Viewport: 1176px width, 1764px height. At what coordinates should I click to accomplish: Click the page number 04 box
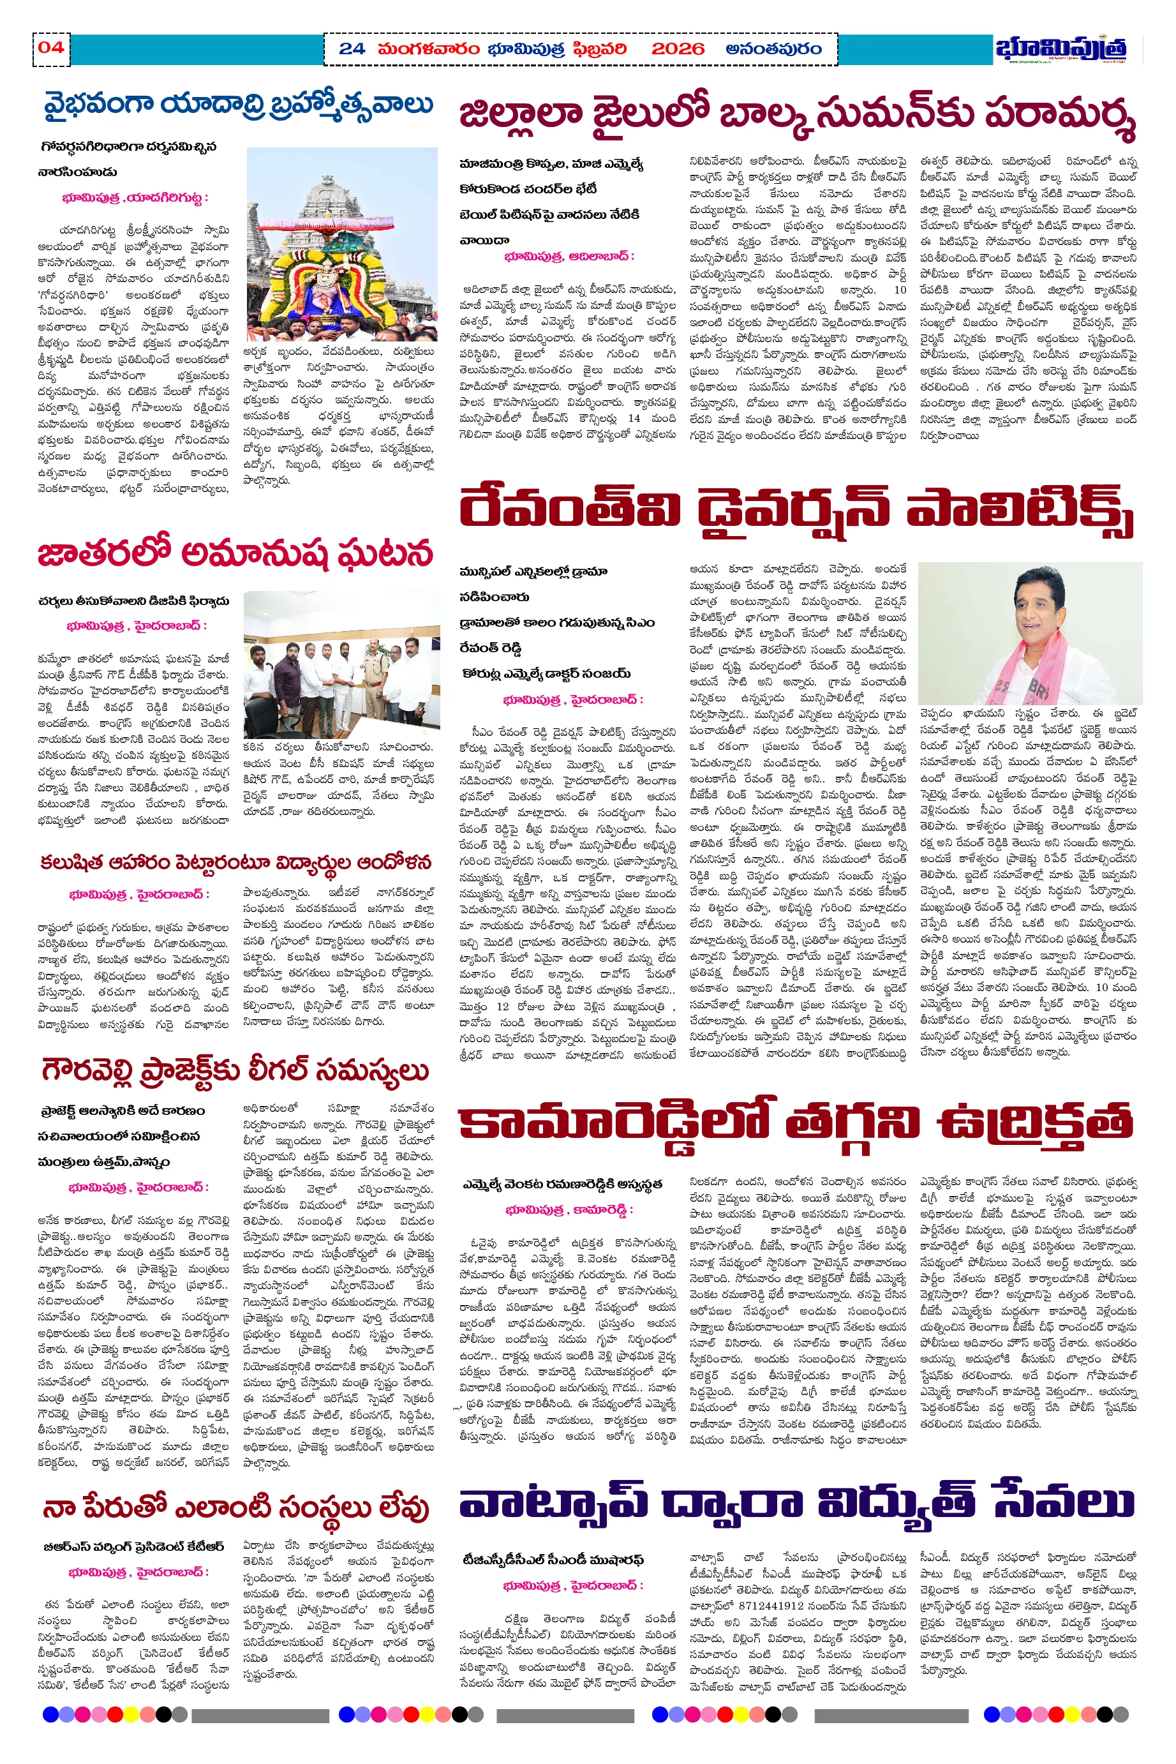[x=51, y=48]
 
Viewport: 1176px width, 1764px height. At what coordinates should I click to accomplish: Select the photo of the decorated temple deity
[x=341, y=244]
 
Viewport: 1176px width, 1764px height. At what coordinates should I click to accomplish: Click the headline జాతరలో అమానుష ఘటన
[x=235, y=553]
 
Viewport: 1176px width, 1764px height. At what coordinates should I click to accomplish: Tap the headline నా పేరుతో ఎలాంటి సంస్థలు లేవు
[x=235, y=1506]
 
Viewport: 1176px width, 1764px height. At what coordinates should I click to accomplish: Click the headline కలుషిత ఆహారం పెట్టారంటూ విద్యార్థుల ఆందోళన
[x=235, y=862]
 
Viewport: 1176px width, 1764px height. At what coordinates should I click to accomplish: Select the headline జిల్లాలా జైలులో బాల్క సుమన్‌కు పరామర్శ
[x=796, y=117]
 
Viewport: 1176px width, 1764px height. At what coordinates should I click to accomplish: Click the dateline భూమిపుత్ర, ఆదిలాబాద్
[x=569, y=257]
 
